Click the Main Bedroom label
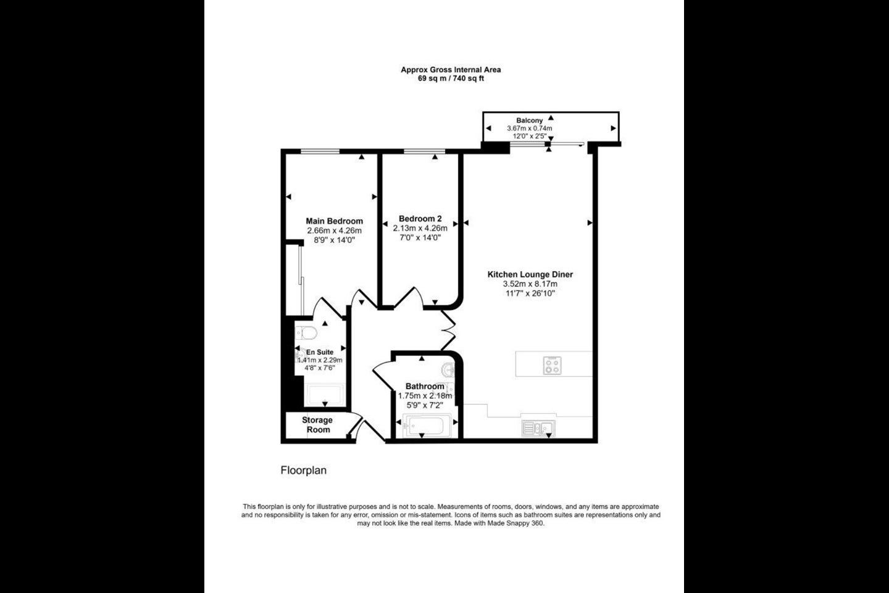coord(334,221)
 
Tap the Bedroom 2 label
coord(420,219)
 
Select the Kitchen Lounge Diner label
coord(530,274)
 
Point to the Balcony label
coord(530,120)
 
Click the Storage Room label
coord(317,424)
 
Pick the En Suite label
coord(320,352)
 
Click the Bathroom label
coord(425,387)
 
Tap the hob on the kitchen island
coord(552,366)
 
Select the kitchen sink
coord(538,429)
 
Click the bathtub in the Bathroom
coord(427,426)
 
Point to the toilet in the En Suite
coord(306,333)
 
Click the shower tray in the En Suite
coord(324,395)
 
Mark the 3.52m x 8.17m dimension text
coord(530,284)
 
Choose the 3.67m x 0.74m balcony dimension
coord(530,128)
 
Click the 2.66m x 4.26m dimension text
coord(334,231)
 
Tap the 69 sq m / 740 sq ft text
coord(451,78)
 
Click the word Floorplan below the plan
coord(304,470)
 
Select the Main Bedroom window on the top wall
coord(320,151)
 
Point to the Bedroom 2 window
coord(425,151)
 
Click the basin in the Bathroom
coord(448,370)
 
